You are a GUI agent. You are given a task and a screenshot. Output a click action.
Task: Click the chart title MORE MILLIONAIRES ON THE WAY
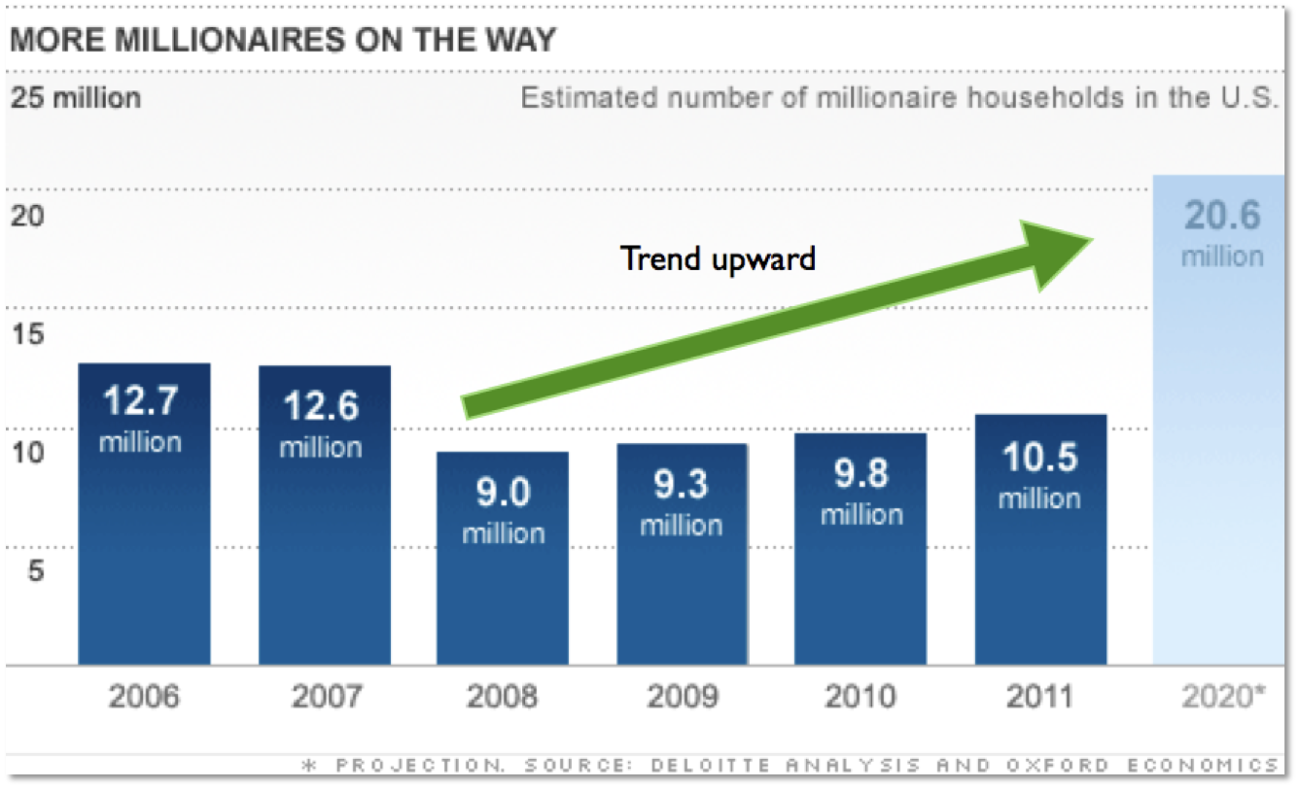point(281,41)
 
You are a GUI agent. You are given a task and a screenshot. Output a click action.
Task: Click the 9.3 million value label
point(682,502)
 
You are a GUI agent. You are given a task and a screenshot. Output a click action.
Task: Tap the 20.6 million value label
point(1223,233)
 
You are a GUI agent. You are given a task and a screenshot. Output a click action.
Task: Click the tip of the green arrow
point(1092,239)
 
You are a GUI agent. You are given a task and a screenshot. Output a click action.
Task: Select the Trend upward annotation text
point(718,258)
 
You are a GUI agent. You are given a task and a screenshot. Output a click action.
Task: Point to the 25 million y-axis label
point(76,98)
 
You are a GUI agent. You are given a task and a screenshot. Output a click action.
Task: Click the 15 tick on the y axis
point(28,334)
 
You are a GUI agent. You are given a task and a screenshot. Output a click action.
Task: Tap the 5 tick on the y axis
point(35,570)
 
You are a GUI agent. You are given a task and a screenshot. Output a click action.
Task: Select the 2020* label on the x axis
point(1224,697)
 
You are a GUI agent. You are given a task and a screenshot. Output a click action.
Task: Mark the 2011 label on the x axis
point(1039,697)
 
